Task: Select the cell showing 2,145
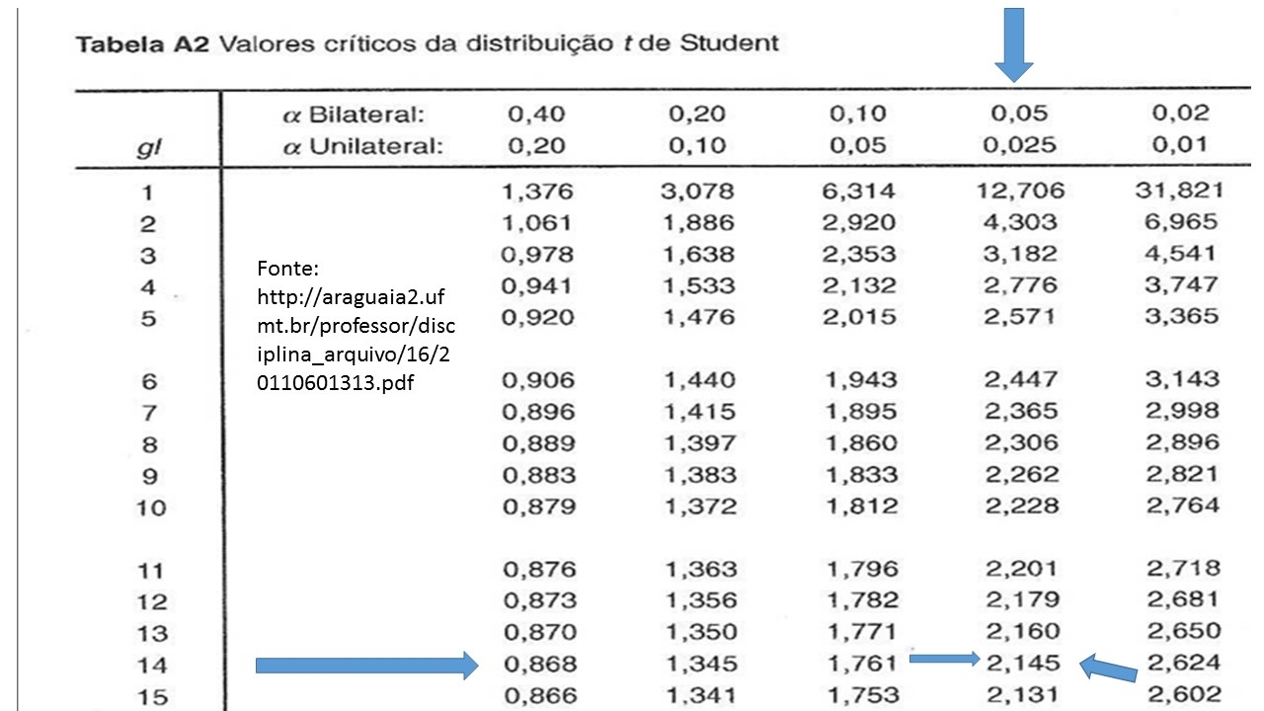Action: tap(1022, 663)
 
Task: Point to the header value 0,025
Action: tap(1019, 145)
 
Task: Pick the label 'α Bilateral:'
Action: tap(353, 115)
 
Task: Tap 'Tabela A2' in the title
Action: tap(140, 45)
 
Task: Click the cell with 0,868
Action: tap(538, 664)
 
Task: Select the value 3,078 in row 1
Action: tap(698, 191)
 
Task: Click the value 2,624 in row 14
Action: tap(1183, 663)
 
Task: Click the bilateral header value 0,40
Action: tap(536, 114)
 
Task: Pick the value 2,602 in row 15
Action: tap(1183, 694)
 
